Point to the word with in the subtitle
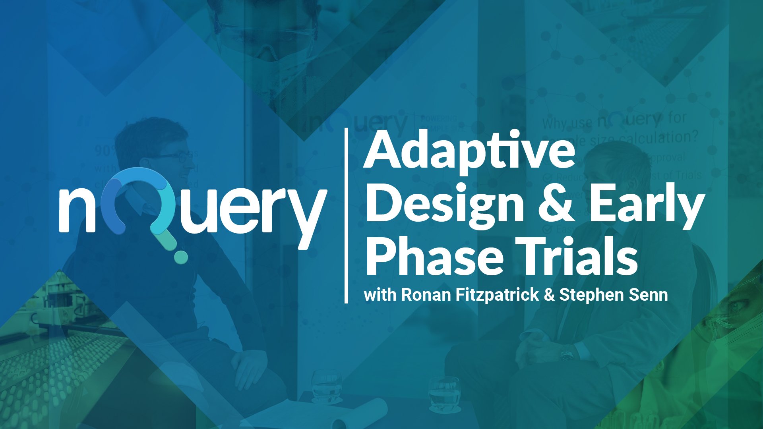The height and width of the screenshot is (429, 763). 380,295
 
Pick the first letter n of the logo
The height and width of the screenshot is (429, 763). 77,211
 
